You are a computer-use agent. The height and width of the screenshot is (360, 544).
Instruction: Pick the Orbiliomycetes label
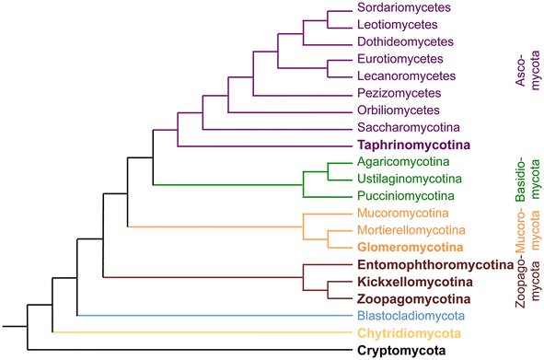398,110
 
